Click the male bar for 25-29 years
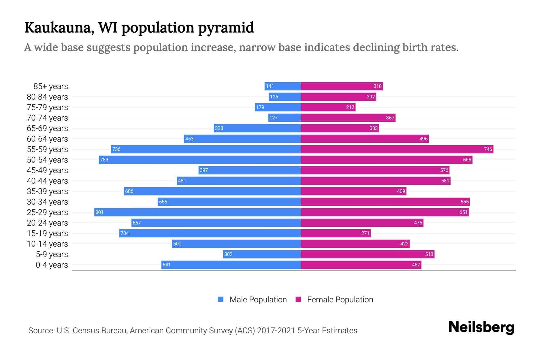click(197, 212)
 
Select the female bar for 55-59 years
click(397, 149)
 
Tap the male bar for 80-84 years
click(285, 97)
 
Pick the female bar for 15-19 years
click(336, 233)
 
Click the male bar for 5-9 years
click(262, 254)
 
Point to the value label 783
click(104, 160)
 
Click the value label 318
click(377, 86)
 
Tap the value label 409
click(401, 191)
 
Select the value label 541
click(166, 265)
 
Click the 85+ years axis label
click(51, 86)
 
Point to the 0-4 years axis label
click(52, 265)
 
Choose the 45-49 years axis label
click(47, 170)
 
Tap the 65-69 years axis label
click(47, 128)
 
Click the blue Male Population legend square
click(221, 299)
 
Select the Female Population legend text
click(340, 300)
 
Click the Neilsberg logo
click(481, 327)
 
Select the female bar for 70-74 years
click(348, 118)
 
